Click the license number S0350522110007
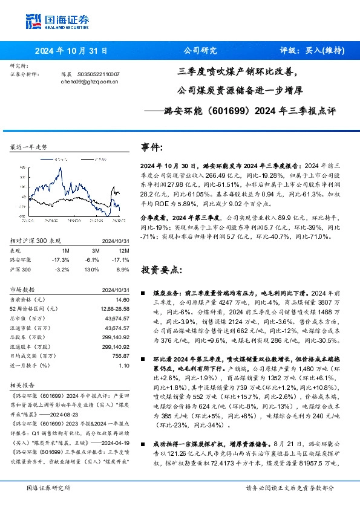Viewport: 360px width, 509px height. coord(97,73)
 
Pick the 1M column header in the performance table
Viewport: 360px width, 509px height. coord(65,249)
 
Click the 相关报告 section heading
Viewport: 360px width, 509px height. coord(22,384)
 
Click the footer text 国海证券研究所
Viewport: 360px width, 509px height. coord(48,487)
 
